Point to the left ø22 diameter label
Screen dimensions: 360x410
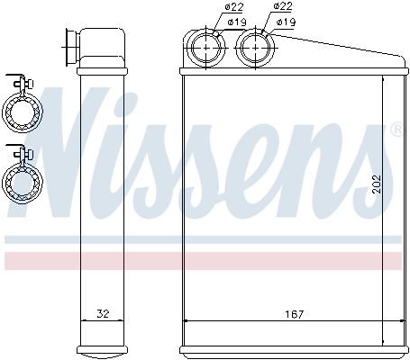click(x=209, y=8)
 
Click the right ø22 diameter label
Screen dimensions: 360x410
click(x=283, y=8)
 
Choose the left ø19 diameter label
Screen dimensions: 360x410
click(x=236, y=21)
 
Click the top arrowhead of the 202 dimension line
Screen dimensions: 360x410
click(x=385, y=80)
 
